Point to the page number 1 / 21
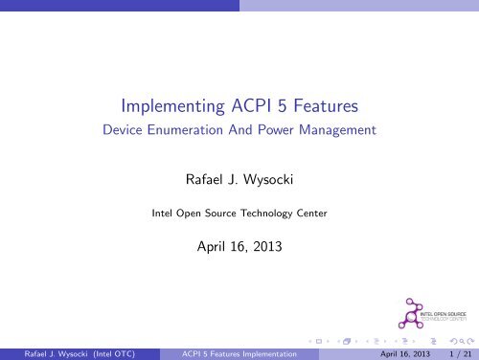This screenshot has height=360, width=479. (x=458, y=351)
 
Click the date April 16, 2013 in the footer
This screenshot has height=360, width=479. (x=394, y=351)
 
